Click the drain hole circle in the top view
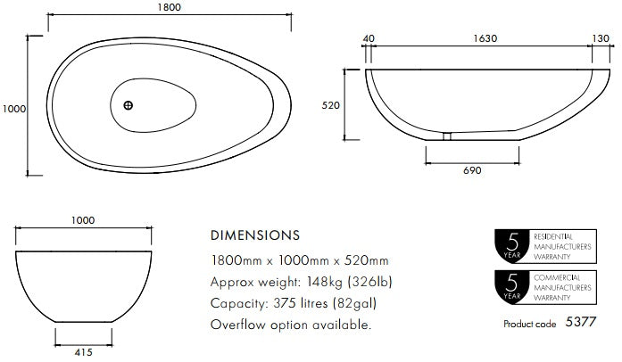click(129, 105)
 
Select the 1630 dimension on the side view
click(485, 39)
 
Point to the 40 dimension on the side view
click(369, 39)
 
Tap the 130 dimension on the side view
click(601, 39)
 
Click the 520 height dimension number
click(331, 105)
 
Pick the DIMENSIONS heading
click(254, 236)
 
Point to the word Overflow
click(239, 325)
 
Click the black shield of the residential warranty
click(511, 244)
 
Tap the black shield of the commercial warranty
click(511, 288)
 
